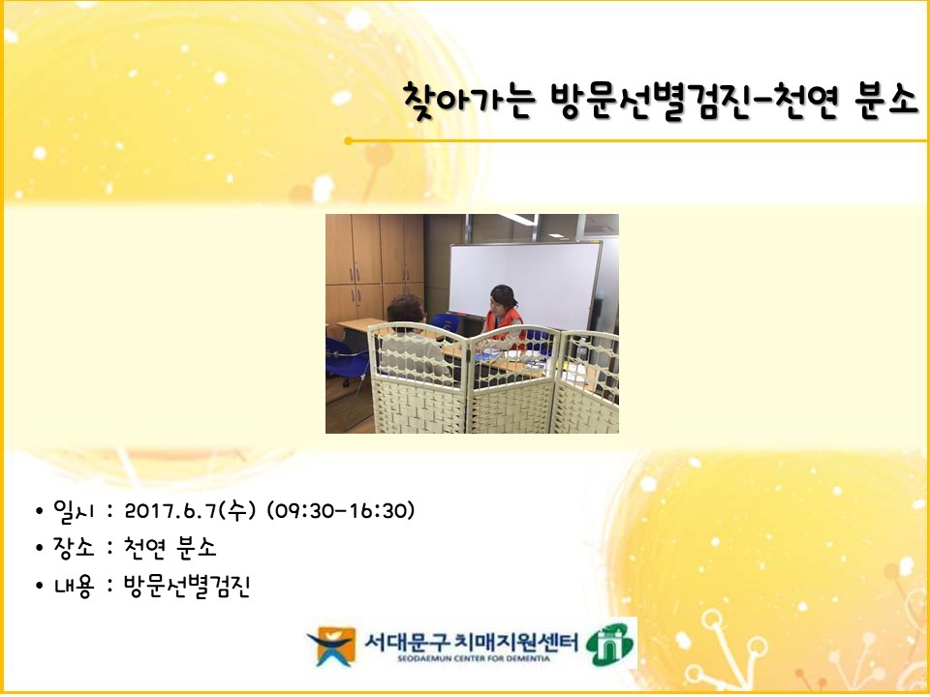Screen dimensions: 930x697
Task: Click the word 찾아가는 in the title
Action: [x=469, y=102]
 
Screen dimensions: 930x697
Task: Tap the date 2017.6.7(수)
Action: [x=190, y=510]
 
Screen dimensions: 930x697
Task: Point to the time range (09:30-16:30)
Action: [x=340, y=510]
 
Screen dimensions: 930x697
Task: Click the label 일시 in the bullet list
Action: [x=74, y=510]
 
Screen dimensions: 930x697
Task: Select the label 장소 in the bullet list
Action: [x=74, y=548]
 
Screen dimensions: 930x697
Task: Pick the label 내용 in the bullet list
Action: [x=74, y=586]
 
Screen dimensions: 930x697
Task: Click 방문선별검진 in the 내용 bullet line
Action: [x=187, y=586]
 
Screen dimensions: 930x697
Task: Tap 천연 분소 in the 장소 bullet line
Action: [x=170, y=548]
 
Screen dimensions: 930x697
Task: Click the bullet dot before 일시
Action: [x=40, y=511]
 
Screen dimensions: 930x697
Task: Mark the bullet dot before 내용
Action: [x=40, y=587]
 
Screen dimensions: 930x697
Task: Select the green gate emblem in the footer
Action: [x=609, y=644]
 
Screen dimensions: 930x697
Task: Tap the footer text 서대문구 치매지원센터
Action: [x=471, y=641]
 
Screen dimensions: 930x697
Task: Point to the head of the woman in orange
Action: [x=503, y=298]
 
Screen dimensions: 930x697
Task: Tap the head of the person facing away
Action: [x=405, y=309]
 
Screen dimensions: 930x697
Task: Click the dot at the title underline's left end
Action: [x=348, y=141]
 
